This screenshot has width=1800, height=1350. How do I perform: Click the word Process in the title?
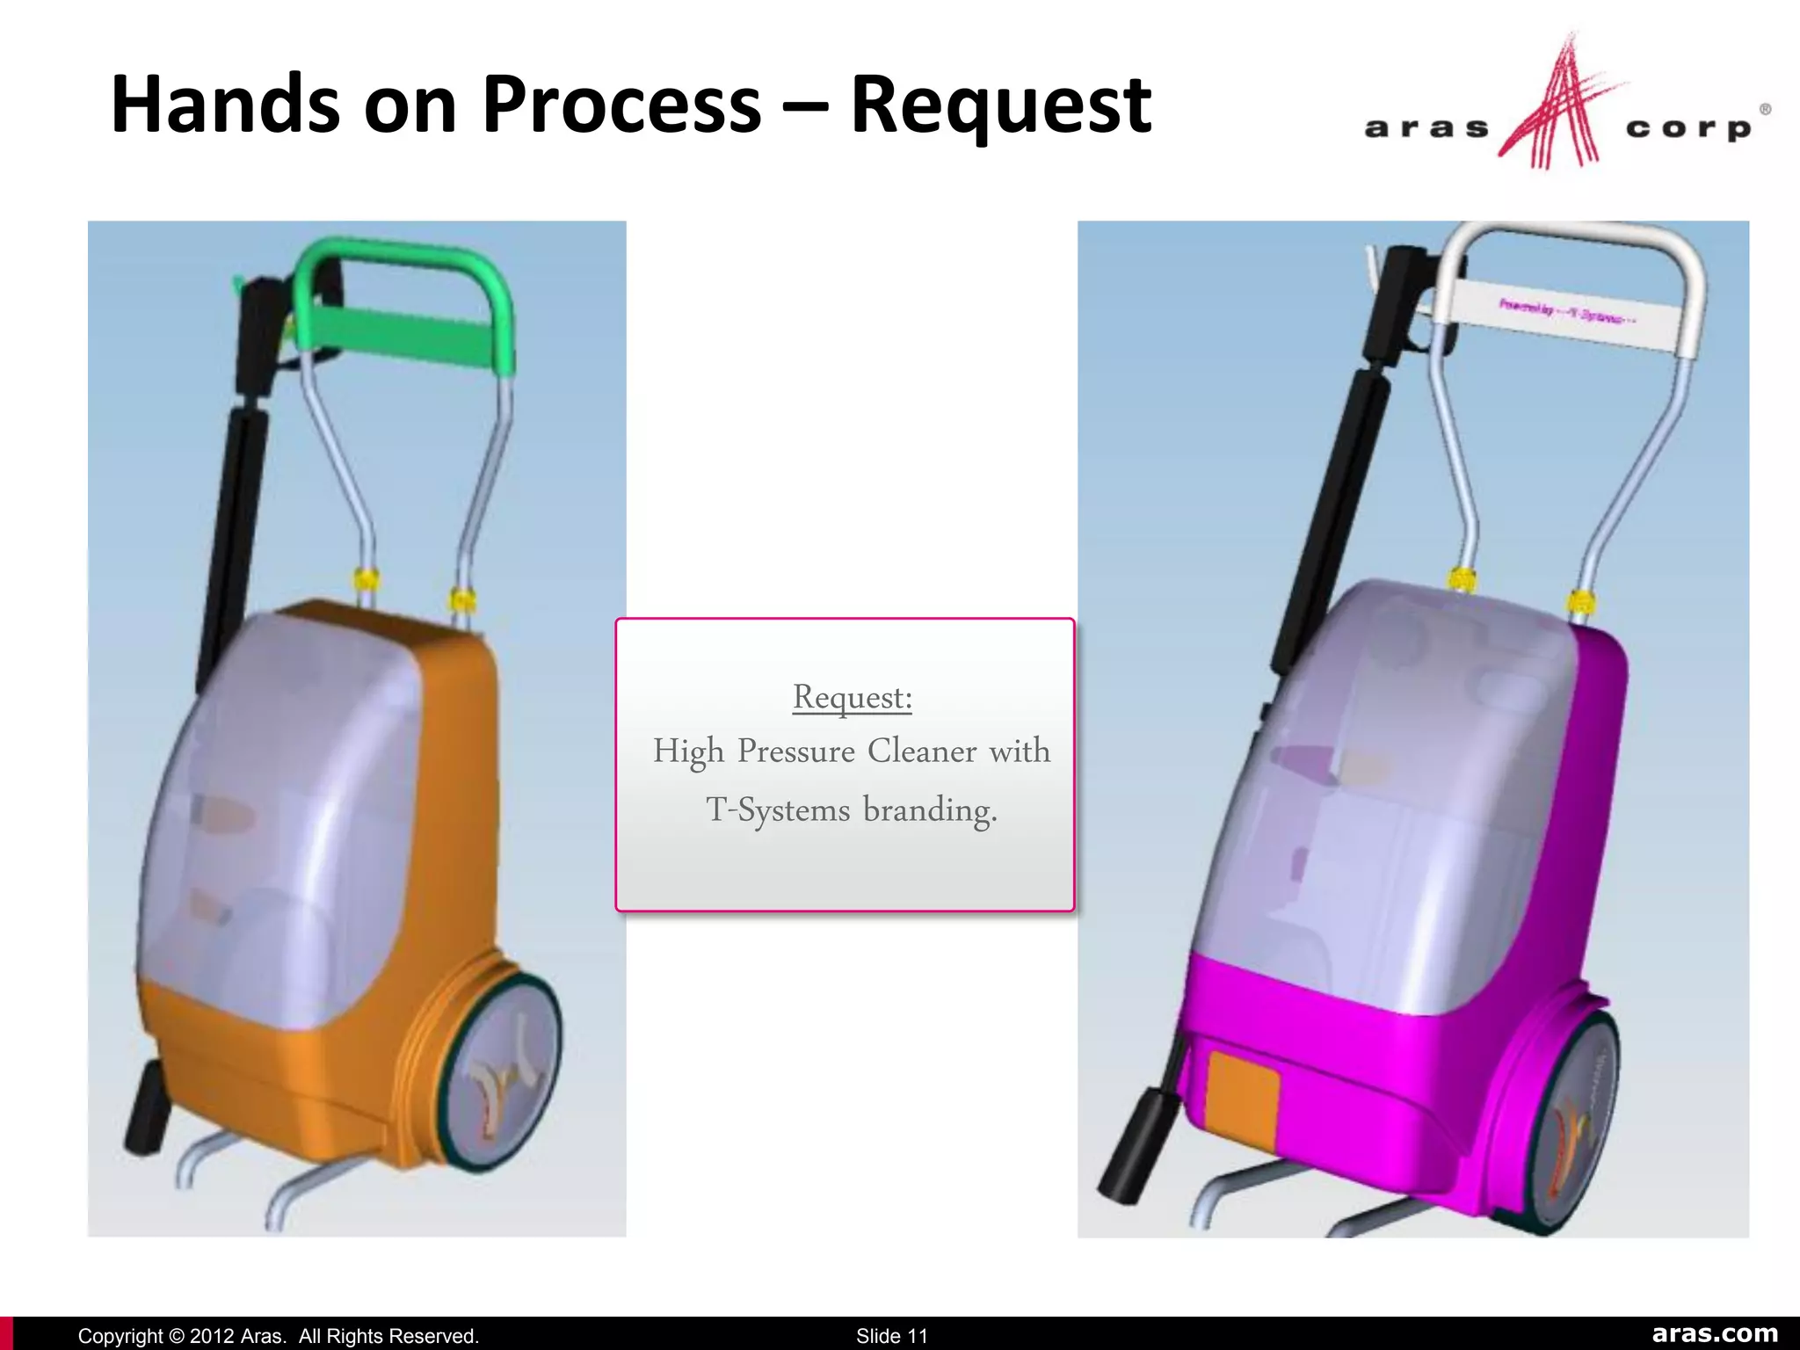pyautogui.click(x=621, y=105)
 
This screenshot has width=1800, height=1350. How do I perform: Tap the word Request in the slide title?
pyautogui.click(x=1000, y=105)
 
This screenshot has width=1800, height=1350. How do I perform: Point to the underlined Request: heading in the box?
pyautogui.click(x=853, y=698)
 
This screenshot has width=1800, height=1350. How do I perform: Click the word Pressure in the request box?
pyautogui.click(x=795, y=751)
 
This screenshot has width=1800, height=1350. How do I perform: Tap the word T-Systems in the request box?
pyautogui.click(x=778, y=809)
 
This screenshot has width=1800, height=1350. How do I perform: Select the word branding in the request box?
pyautogui.click(x=930, y=809)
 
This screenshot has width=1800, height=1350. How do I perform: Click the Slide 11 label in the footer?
pyautogui.click(x=891, y=1336)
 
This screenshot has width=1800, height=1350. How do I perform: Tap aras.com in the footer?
pyautogui.click(x=1714, y=1333)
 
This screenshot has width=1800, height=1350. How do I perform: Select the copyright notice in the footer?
pyautogui.click(x=278, y=1336)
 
